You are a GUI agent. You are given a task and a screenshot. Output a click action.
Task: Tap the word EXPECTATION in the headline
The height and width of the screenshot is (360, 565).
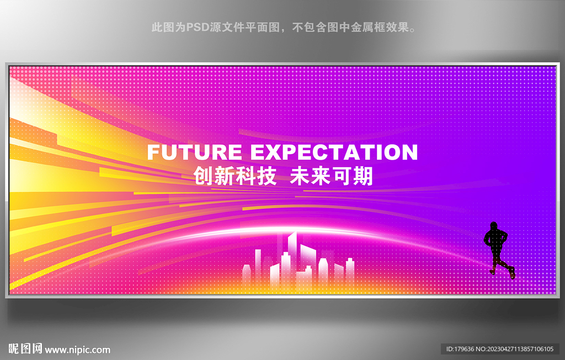coord(334,152)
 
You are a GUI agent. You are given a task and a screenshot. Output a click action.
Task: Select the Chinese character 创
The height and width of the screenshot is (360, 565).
coord(204,176)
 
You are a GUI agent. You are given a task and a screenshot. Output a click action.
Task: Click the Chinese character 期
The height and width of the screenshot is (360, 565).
coord(363,176)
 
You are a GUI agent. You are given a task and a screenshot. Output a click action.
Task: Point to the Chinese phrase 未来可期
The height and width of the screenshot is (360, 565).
coord(331,176)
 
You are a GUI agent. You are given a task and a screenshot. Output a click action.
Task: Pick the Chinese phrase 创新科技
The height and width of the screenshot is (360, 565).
coord(235,176)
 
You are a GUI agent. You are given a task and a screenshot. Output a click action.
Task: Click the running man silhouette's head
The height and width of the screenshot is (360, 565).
coord(494,226)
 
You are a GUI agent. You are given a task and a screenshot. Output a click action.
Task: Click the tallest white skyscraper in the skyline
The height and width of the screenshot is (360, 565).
coord(292,257)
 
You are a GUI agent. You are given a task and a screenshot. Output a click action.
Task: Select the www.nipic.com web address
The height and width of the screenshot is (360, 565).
coord(77,350)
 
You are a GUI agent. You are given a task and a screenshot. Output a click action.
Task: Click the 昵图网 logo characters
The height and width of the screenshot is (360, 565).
coord(25,349)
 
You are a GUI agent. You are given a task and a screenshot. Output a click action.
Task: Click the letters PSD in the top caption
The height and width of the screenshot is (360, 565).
coord(198,27)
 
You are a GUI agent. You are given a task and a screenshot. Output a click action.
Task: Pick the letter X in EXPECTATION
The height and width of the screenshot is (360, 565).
coord(274,152)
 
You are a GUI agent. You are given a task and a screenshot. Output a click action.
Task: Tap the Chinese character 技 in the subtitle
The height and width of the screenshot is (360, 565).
coord(266,176)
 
